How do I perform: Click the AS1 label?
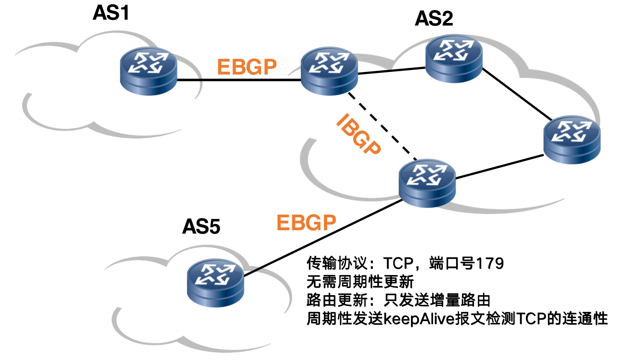[111, 13]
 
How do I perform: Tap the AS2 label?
[434, 19]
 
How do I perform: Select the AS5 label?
[201, 227]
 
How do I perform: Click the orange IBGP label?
[358, 134]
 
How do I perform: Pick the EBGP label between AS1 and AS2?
[247, 67]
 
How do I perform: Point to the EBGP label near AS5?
[306, 223]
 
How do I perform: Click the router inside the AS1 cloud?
[149, 71]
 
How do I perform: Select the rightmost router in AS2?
[572, 139]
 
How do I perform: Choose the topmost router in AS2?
[454, 58]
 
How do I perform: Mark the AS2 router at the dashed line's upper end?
[329, 71]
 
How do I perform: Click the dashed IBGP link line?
[383, 127]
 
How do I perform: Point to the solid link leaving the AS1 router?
[239, 80]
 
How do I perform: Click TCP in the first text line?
[398, 263]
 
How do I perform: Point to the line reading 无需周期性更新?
[360, 282]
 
